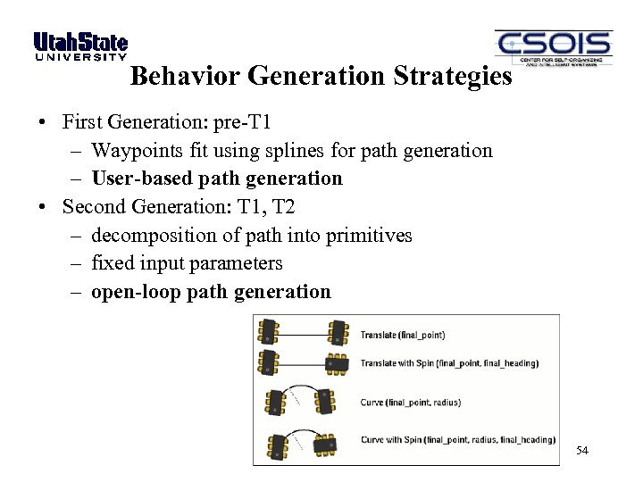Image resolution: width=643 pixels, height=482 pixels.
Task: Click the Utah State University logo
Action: point(80,46)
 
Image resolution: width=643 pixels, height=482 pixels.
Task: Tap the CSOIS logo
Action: point(553,47)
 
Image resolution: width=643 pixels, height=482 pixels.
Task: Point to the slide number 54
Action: point(581,451)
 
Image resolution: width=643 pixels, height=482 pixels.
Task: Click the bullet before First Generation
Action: point(42,122)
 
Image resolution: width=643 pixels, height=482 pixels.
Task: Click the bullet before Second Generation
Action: point(42,208)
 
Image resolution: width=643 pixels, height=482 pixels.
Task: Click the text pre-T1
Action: point(242,121)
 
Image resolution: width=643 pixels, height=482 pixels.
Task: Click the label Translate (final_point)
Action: point(402,336)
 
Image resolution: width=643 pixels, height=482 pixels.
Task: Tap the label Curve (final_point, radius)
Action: point(410,403)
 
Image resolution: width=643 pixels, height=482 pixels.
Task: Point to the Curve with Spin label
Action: point(457,439)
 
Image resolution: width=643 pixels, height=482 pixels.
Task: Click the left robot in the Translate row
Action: point(269,333)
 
